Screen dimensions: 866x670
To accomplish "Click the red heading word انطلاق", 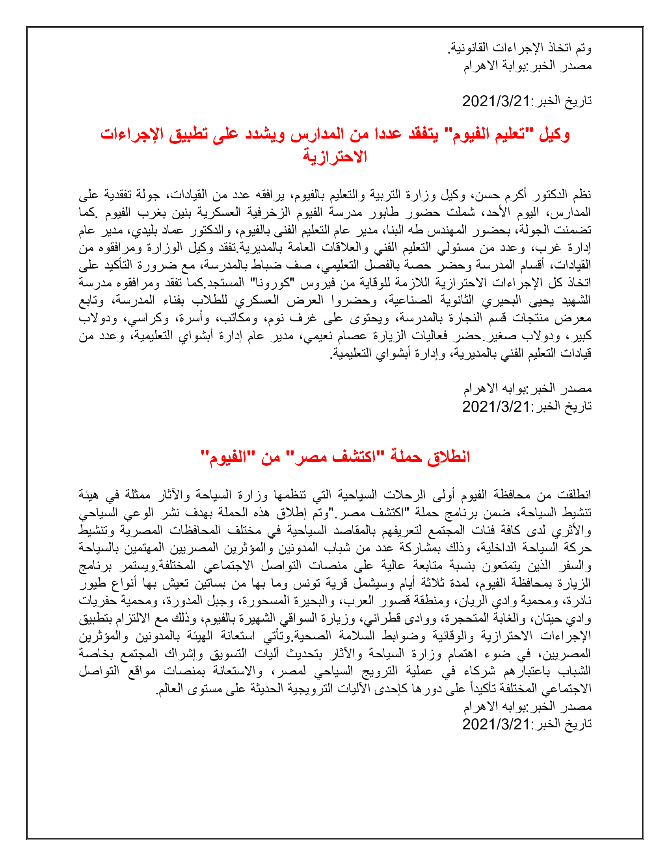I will click(449, 457).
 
